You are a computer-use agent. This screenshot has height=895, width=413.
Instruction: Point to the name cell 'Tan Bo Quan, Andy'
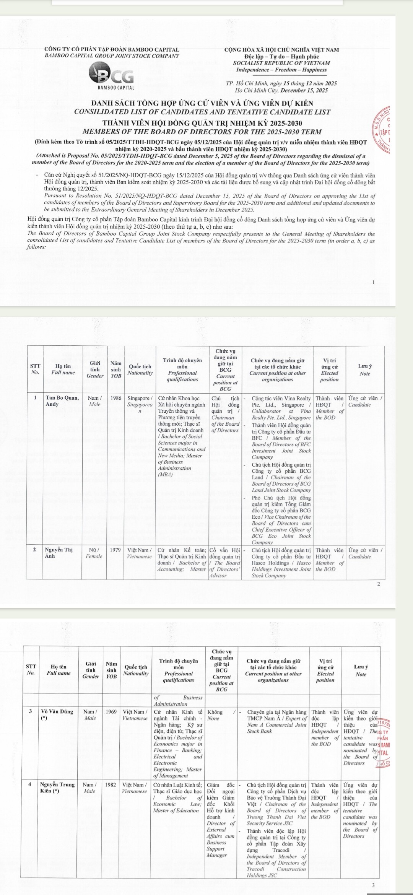pos(62,401)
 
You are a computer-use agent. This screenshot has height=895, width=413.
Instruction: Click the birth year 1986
pos(116,398)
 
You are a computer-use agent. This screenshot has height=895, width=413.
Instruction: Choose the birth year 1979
pos(115,550)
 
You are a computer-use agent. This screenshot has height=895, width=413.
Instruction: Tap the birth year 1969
pos(111,712)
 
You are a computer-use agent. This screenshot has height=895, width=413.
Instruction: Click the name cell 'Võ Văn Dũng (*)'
pos(57,715)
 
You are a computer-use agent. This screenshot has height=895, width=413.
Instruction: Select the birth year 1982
pos(111,784)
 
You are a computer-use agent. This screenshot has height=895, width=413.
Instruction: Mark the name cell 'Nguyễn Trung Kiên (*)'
pos(57,788)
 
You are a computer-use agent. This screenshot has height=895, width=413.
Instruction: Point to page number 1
pos(374,283)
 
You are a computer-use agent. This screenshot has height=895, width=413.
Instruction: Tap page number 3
pos(373,885)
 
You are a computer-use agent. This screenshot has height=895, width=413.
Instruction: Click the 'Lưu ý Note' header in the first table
pos(365,370)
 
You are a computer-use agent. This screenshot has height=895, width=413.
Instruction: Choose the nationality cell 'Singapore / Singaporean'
pos(140,404)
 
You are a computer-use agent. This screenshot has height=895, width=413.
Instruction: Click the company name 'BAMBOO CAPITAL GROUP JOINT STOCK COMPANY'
pos(112,56)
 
